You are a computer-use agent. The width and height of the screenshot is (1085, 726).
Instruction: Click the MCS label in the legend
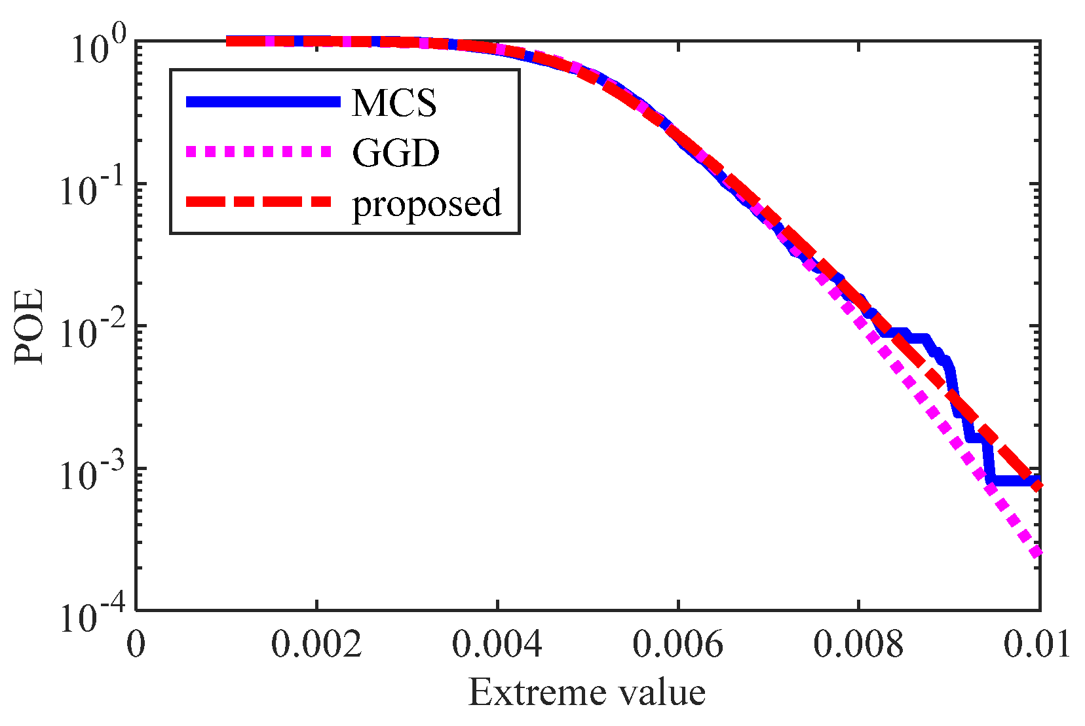coord(394,103)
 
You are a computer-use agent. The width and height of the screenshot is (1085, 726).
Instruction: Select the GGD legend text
coord(396,153)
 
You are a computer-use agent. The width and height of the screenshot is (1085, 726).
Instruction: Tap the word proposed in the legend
coord(427,204)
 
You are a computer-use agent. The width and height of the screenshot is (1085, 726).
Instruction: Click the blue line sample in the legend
coord(263,101)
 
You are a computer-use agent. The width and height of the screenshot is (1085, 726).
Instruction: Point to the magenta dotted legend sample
coord(259,152)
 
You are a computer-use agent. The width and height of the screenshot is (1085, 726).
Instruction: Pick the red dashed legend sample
coord(259,202)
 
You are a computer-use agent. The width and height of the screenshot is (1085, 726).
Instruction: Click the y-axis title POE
coord(29,326)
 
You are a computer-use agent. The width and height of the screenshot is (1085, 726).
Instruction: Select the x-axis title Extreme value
coord(587,692)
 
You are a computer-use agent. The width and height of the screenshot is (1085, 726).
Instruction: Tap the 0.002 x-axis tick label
coord(316,644)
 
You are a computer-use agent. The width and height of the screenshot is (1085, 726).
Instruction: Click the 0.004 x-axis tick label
coord(497,644)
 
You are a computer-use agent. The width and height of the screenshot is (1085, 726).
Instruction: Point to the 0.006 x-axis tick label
coord(678,644)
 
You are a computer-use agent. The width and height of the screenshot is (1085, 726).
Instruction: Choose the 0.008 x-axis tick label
coord(858,644)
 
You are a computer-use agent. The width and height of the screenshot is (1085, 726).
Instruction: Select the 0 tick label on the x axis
coord(136,644)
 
